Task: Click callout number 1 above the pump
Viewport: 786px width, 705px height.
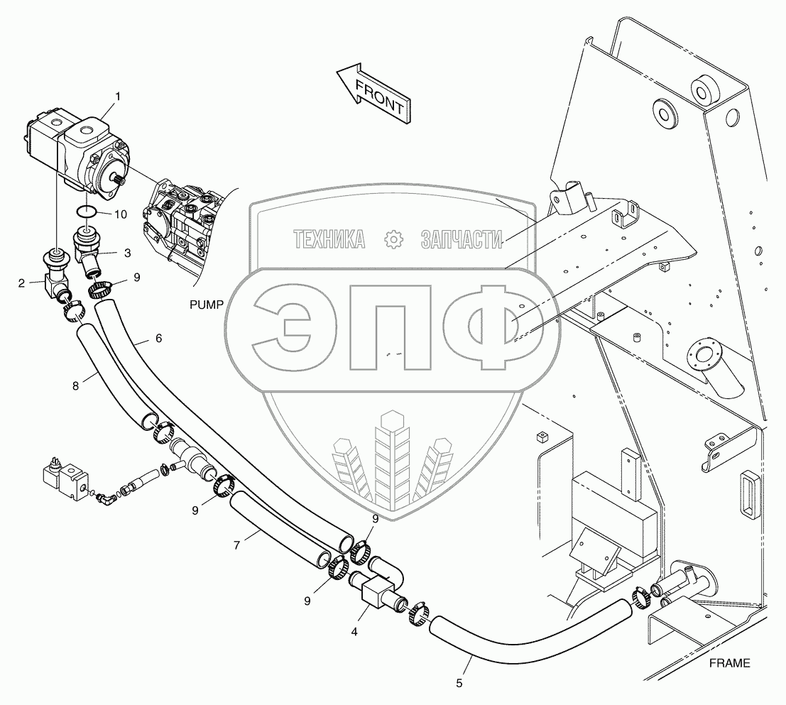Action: click(x=118, y=96)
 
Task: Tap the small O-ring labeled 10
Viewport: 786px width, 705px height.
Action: click(x=86, y=210)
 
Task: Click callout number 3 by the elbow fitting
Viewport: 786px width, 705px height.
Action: click(x=127, y=253)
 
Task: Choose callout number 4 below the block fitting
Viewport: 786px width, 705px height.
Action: click(x=354, y=630)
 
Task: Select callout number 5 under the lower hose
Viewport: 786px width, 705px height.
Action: click(x=459, y=683)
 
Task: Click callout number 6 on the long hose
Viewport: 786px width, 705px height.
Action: click(x=158, y=339)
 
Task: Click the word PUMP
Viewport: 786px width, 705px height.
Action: click(x=206, y=305)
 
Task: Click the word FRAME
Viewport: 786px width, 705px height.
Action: click(x=729, y=664)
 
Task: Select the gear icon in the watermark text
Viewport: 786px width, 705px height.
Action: click(x=392, y=240)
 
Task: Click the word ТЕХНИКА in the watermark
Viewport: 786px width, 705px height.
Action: click(x=329, y=241)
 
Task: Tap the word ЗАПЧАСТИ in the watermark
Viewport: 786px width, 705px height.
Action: click(x=461, y=241)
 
